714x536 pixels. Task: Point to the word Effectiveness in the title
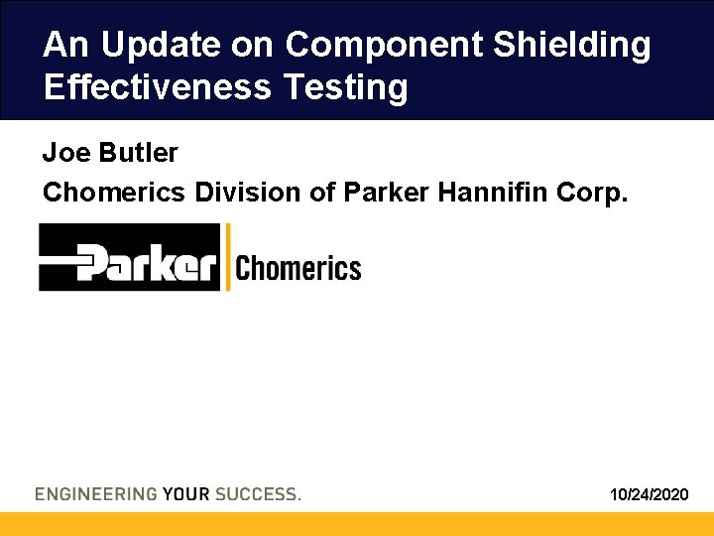click(x=158, y=87)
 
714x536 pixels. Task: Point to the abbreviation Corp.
click(x=595, y=192)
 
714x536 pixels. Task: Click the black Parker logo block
click(x=129, y=258)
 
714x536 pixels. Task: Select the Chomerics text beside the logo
click(x=298, y=268)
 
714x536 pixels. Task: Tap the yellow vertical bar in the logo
click(x=228, y=257)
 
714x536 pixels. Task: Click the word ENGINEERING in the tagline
click(x=95, y=493)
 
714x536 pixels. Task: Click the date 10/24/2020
click(x=650, y=493)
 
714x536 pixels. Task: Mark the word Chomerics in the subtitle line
click(x=113, y=192)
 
